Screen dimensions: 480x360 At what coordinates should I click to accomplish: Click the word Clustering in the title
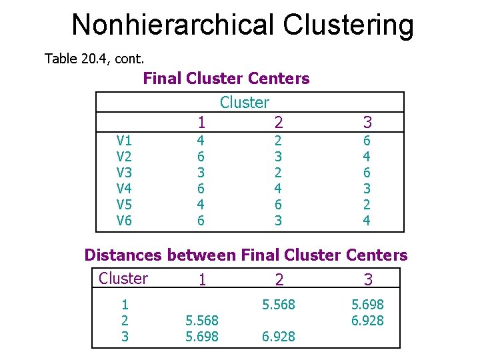(x=348, y=25)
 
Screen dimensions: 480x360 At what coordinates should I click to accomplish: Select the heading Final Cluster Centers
(x=226, y=79)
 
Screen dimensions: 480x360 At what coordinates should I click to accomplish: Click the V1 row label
(x=124, y=141)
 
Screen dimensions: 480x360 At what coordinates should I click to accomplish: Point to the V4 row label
(x=124, y=189)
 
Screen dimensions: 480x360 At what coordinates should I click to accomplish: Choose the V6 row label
(x=124, y=220)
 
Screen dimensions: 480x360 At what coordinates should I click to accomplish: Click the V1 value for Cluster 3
(x=367, y=141)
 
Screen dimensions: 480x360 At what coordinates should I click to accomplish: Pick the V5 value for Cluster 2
(x=279, y=204)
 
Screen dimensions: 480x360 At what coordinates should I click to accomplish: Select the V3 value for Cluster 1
(x=201, y=173)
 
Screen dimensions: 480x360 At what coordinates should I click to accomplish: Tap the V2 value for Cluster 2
(x=279, y=157)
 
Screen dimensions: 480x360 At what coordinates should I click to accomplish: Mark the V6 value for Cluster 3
(x=367, y=220)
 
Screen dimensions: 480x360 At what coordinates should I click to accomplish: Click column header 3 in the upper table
(x=367, y=122)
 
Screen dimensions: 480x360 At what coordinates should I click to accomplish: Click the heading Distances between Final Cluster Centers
(x=245, y=255)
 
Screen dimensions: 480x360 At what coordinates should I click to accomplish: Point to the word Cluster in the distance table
(x=123, y=279)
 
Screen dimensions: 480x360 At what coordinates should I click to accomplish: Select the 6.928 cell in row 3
(x=279, y=337)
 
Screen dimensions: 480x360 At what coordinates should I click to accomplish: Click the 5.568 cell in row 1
(x=279, y=305)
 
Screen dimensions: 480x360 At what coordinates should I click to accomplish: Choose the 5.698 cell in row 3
(x=201, y=337)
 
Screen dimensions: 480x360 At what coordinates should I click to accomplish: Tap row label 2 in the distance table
(x=124, y=321)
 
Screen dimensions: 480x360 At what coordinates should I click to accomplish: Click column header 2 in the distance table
(x=279, y=280)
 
